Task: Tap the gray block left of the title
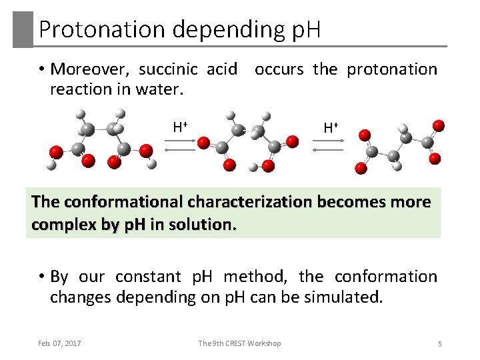click(x=23, y=29)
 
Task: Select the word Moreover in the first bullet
click(x=92, y=69)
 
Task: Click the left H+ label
click(x=179, y=126)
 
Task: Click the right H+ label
click(x=330, y=127)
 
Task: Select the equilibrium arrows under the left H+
click(x=179, y=146)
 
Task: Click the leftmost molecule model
click(x=99, y=141)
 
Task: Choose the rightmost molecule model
click(x=399, y=145)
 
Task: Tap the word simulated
click(x=345, y=297)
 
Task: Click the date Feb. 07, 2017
click(x=59, y=343)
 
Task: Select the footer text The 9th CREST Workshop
click(x=239, y=343)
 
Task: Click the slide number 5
click(x=439, y=343)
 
